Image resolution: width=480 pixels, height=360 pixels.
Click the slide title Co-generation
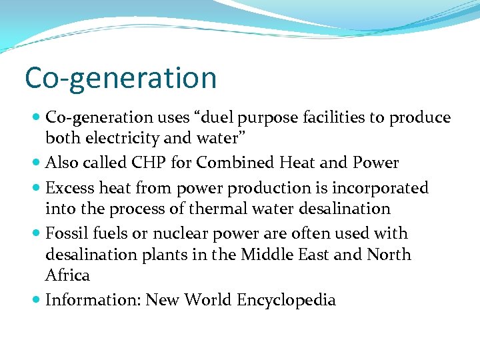(x=121, y=78)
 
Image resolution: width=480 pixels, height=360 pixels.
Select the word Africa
(x=67, y=275)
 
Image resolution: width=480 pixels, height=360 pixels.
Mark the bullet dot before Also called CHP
(x=36, y=163)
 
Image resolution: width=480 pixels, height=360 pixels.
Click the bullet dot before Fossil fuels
(x=36, y=233)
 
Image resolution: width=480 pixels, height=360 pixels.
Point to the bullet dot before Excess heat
(x=36, y=188)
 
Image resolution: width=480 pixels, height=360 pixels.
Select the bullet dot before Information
(x=36, y=300)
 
